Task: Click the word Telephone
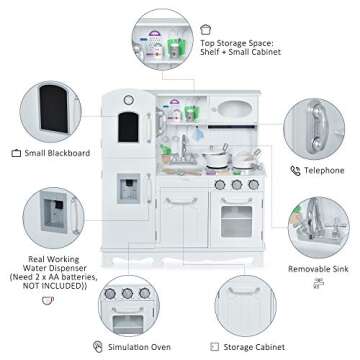tap(324, 171)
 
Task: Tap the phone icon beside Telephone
tap(295, 171)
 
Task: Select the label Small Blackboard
tap(57, 153)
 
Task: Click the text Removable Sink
tap(318, 269)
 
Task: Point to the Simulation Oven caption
tap(139, 347)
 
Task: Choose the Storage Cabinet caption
tap(254, 347)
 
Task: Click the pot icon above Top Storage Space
tap(206, 30)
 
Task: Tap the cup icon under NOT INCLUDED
tap(48, 300)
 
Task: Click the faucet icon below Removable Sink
tap(319, 283)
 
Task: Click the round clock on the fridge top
tap(129, 100)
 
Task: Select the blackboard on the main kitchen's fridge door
tap(128, 127)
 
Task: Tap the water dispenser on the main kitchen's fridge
tap(129, 189)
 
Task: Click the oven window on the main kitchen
tap(237, 221)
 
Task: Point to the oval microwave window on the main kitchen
tap(234, 109)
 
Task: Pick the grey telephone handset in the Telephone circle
tap(317, 128)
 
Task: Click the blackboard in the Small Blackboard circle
tap(54, 109)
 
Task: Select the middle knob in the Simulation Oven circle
tap(127, 293)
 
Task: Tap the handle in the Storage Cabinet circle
tap(244, 291)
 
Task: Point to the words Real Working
tap(54, 259)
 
